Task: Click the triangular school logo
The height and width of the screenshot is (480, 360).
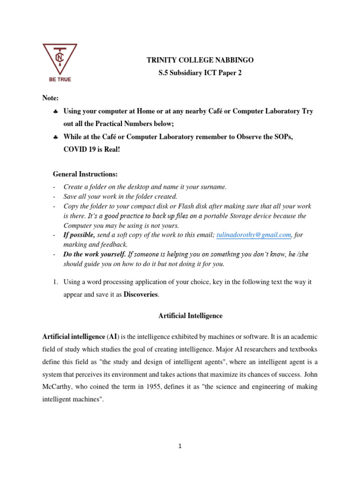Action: click(60, 58)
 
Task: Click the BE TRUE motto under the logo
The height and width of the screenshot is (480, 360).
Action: click(60, 80)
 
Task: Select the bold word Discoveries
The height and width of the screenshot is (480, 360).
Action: click(141, 294)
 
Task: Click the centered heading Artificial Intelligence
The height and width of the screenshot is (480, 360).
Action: click(191, 316)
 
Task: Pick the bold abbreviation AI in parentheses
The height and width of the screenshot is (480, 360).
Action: click(113, 337)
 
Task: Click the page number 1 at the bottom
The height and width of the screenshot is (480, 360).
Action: click(180, 446)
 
